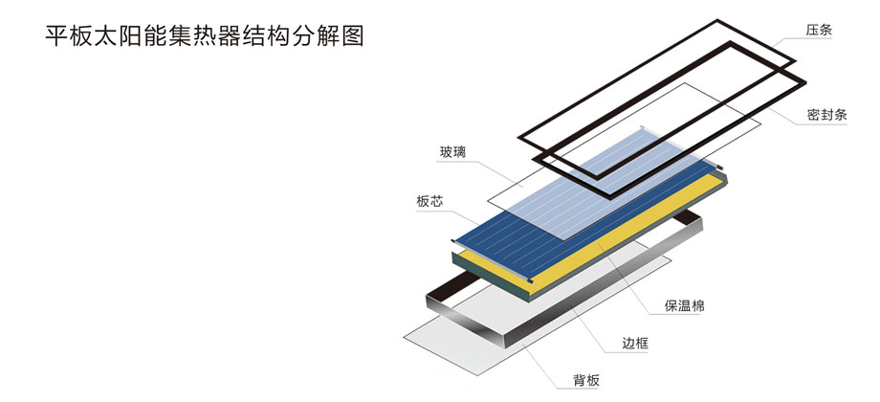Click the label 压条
tap(819, 30)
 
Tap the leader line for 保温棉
tap(631, 278)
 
